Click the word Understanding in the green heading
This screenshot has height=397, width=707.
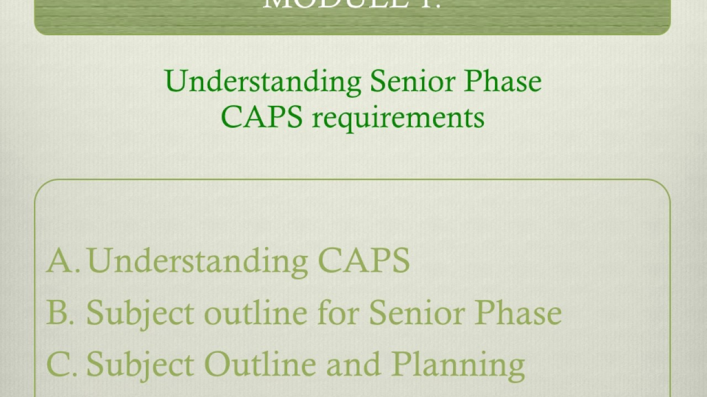coord(262,82)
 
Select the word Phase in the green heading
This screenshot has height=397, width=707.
coord(503,82)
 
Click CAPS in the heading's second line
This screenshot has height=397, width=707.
coord(262,117)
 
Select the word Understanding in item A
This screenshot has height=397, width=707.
coord(197,260)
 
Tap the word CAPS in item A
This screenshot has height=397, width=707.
coord(363,260)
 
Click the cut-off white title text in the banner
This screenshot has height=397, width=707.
coord(352,5)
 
